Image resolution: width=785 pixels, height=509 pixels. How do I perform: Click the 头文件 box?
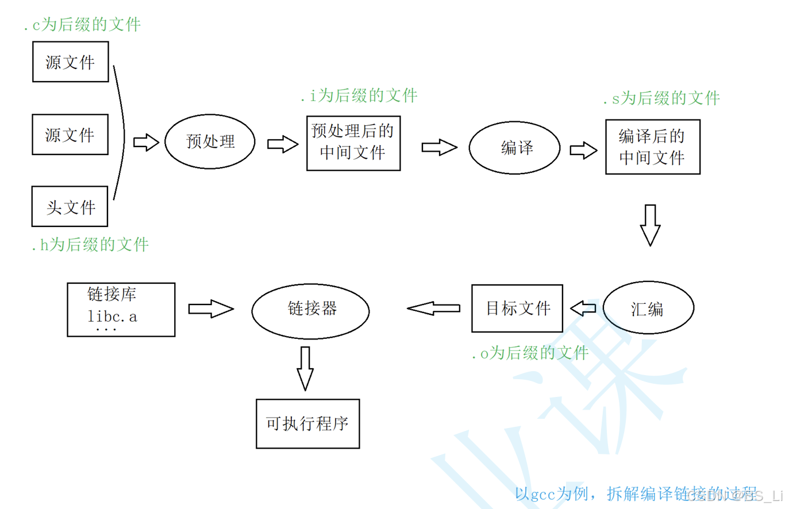coord(70,207)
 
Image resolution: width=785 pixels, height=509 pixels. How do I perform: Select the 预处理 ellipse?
coord(210,142)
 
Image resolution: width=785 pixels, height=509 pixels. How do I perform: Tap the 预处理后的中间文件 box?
coord(353,143)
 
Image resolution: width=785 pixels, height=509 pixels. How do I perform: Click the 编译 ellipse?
coord(515,148)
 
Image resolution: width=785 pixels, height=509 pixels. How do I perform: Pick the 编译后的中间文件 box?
coord(653,146)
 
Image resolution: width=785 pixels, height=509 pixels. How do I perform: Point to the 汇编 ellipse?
coord(647,309)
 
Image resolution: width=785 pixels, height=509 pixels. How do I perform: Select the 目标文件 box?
coord(517,308)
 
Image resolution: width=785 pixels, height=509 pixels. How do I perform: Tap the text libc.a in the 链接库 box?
coord(113,316)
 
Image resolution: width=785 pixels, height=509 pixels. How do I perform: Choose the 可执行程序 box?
coord(308,424)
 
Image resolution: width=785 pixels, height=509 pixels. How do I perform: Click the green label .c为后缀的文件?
coord(82,25)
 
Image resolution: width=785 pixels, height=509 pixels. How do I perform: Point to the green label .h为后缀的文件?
coord(90,245)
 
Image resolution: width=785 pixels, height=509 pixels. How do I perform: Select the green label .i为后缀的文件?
coord(359,95)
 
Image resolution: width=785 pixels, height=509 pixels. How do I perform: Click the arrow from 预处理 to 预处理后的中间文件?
coord(283,144)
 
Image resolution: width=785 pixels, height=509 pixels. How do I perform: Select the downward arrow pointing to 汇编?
coord(650,225)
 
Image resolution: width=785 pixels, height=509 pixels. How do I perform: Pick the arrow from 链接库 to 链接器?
coord(211,309)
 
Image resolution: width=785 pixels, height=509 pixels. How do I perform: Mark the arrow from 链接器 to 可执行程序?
coord(305,368)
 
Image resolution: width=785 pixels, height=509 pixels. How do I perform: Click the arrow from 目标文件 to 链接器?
coord(434,309)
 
